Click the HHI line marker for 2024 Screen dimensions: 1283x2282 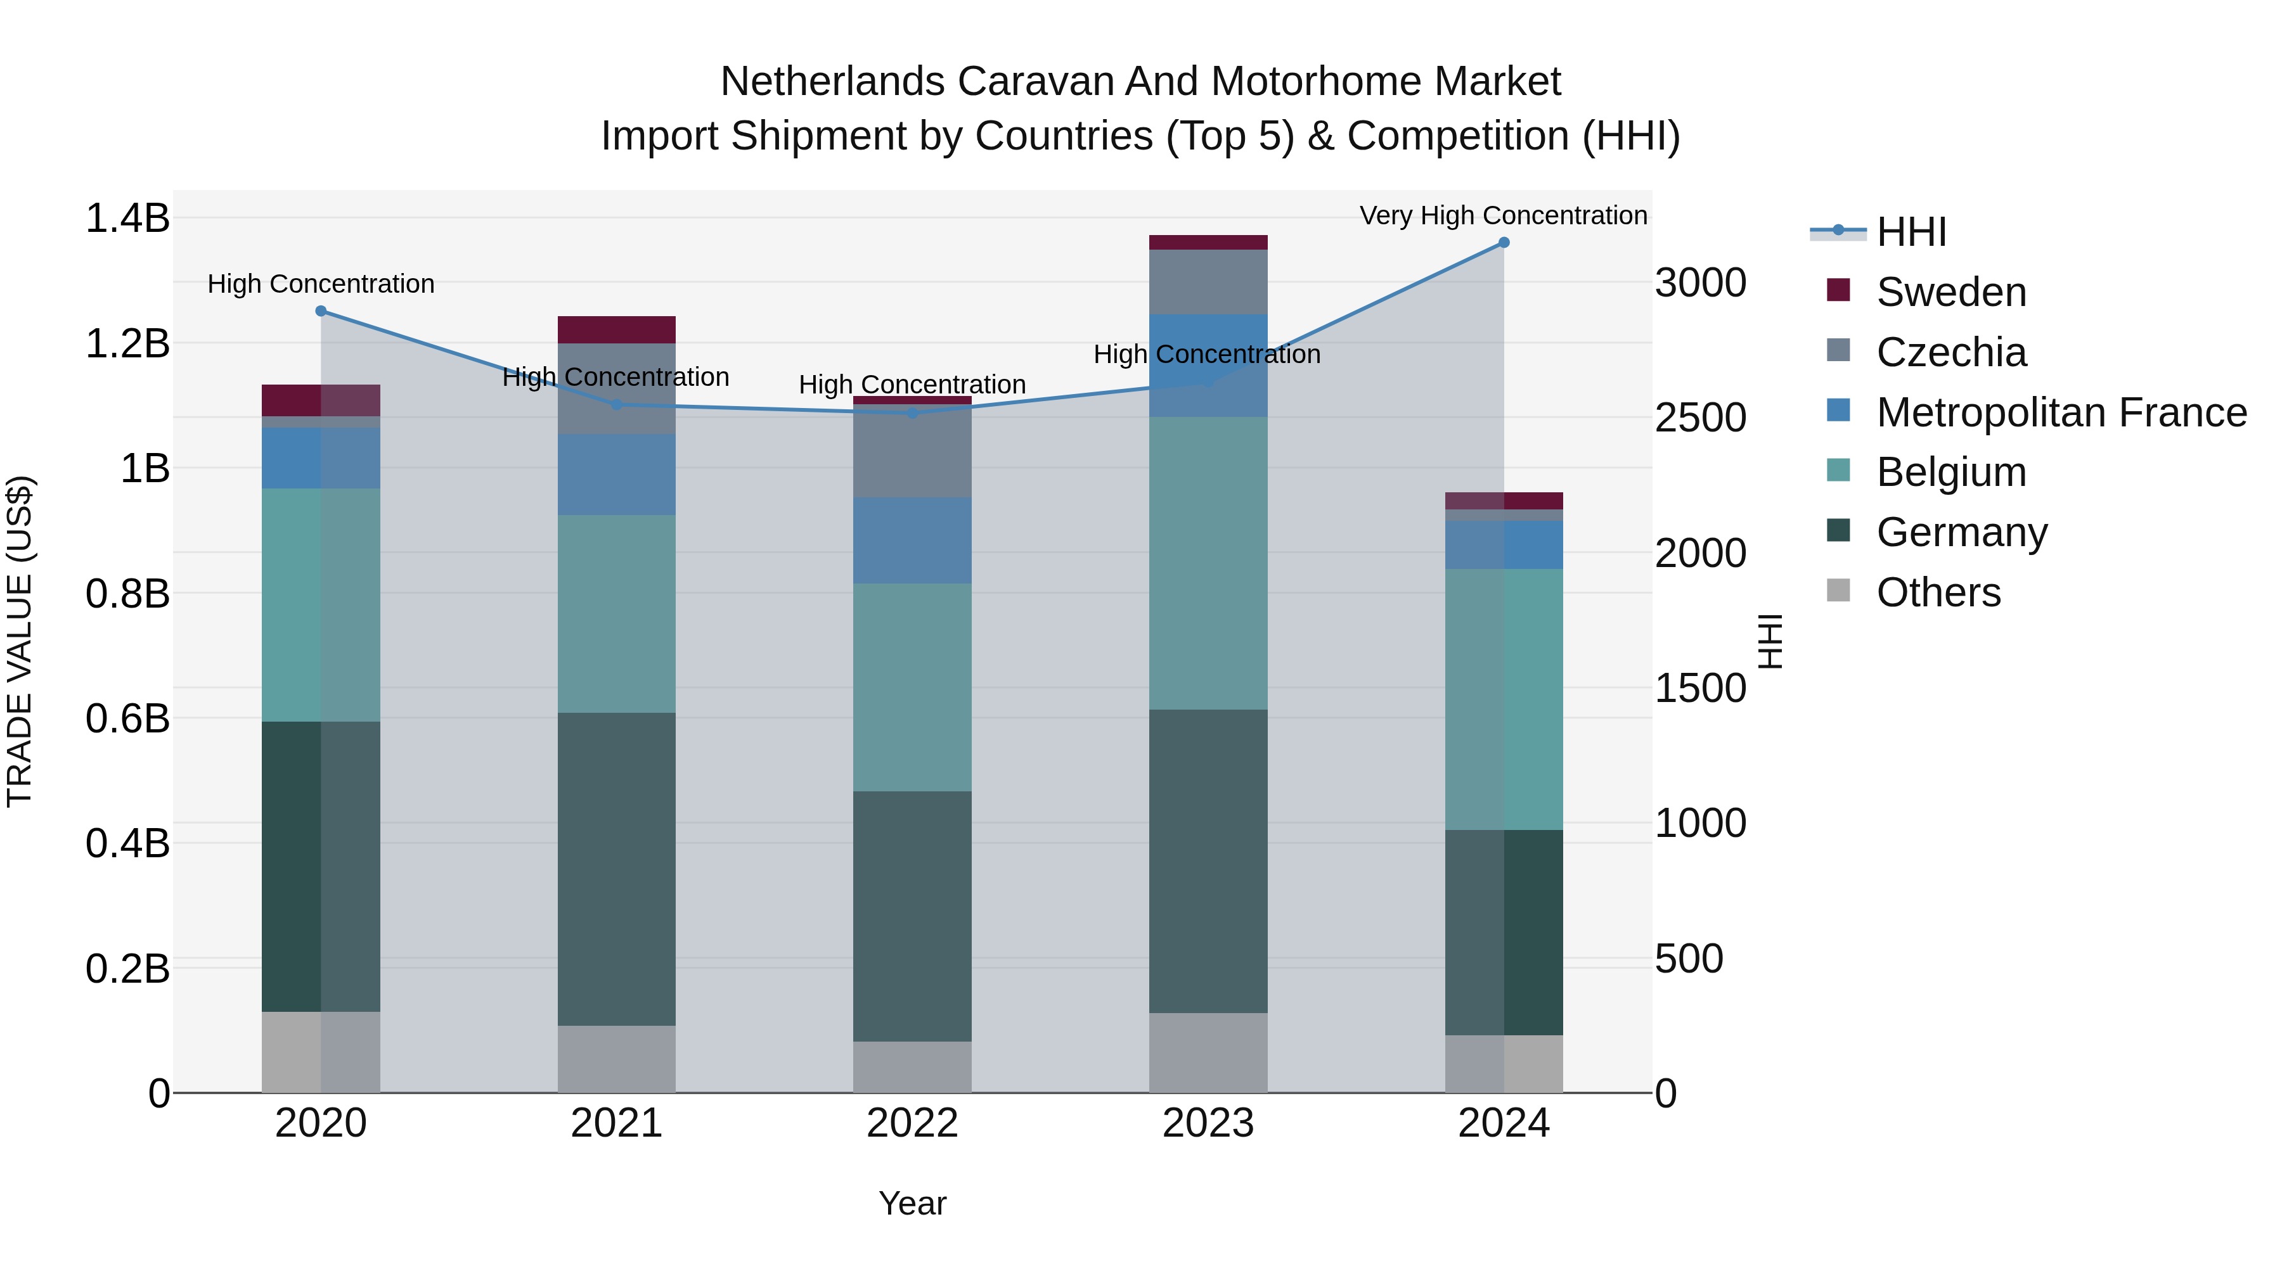click(1504, 243)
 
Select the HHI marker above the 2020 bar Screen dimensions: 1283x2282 click(321, 311)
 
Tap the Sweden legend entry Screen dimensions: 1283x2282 click(1950, 292)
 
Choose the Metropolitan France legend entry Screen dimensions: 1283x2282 click(2061, 412)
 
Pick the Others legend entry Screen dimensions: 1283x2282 click(1938, 592)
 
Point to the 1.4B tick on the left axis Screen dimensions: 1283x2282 click(127, 219)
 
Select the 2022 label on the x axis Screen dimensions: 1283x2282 click(912, 1123)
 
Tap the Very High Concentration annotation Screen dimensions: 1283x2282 click(1504, 215)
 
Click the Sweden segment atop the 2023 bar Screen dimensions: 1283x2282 click(1208, 243)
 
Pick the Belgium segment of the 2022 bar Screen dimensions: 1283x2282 click(912, 686)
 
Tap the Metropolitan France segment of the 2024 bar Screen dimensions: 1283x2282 click(1504, 544)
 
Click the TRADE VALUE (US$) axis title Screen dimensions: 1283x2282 click(20, 641)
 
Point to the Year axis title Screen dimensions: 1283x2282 click(912, 1203)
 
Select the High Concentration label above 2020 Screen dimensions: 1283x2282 click(321, 284)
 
